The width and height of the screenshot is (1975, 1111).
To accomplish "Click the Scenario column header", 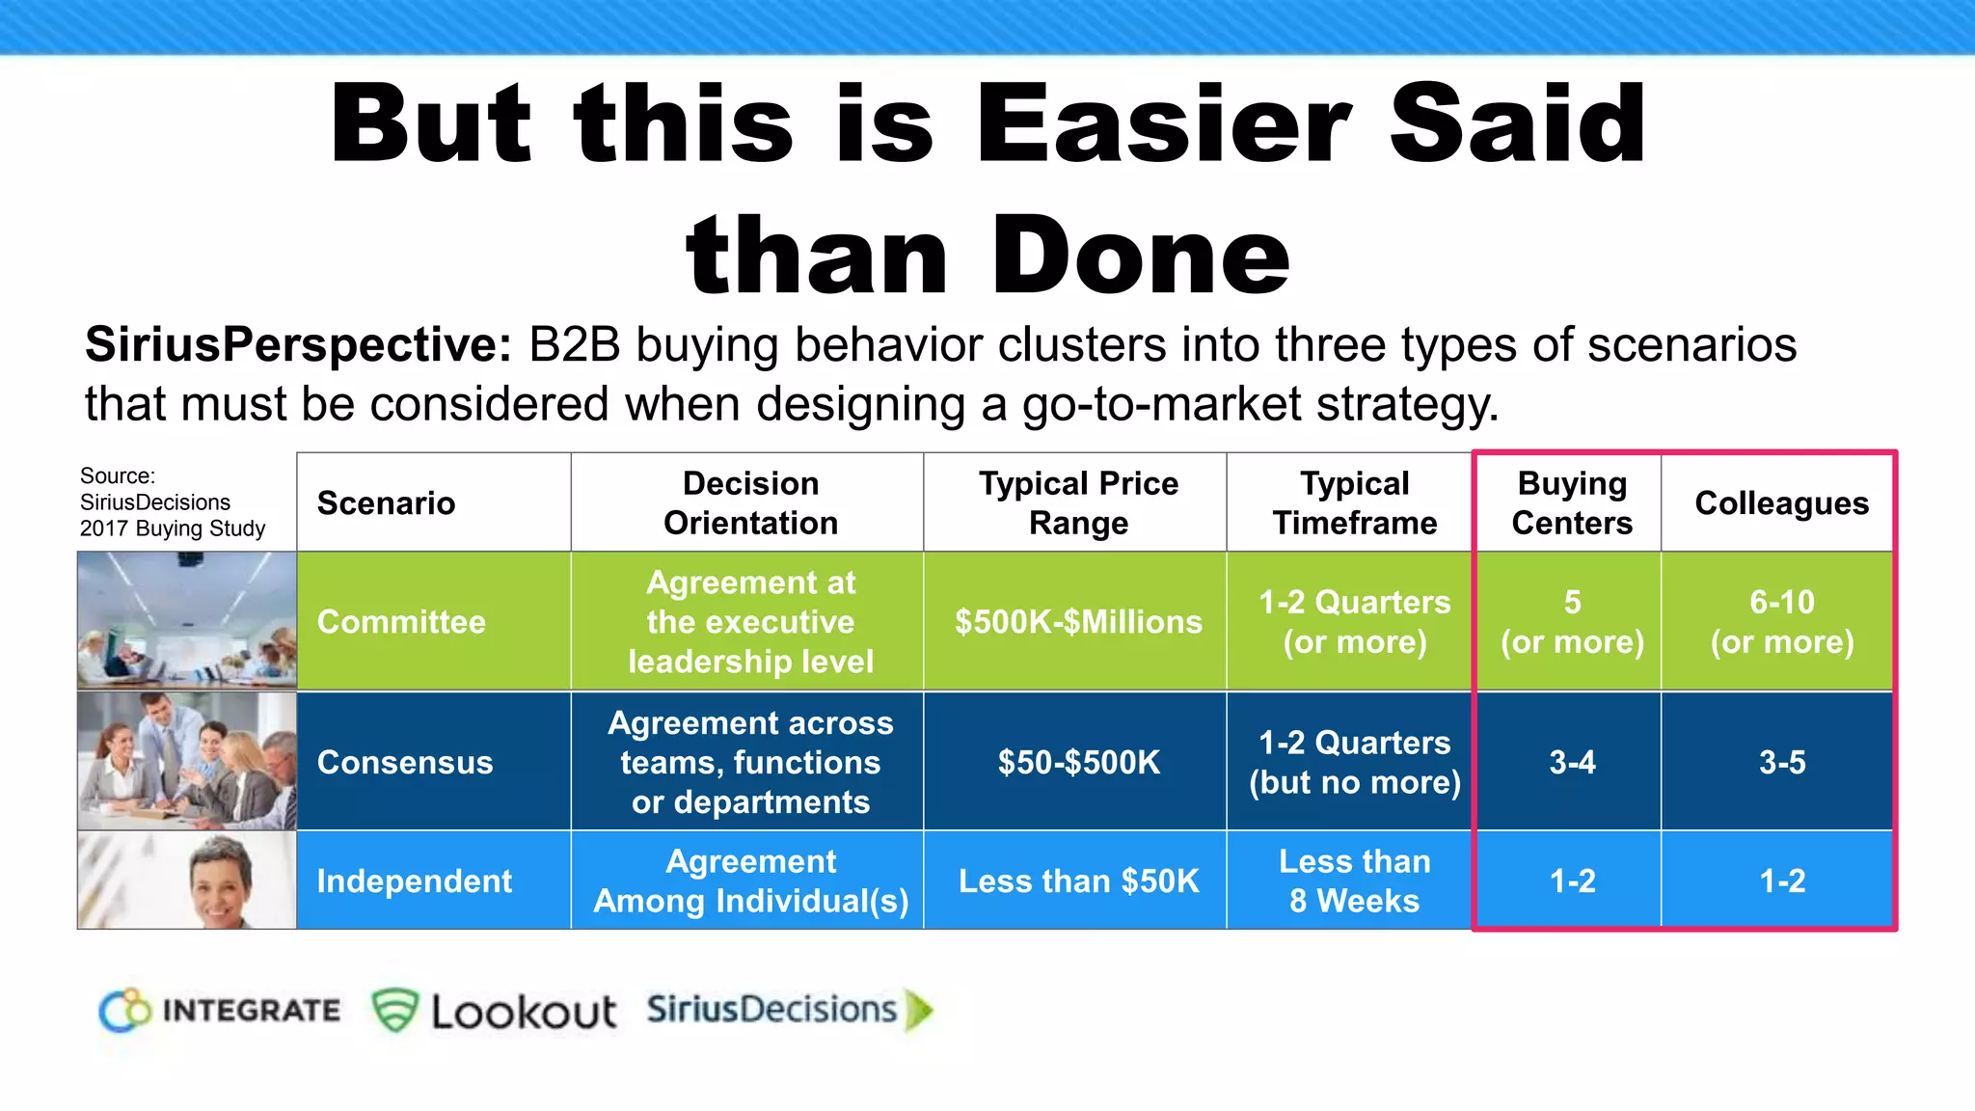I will (386, 503).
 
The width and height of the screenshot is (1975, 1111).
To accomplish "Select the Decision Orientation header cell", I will (750, 503).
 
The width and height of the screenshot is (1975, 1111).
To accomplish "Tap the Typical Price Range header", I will (1078, 503).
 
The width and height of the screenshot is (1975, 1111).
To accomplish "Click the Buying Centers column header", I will (1572, 503).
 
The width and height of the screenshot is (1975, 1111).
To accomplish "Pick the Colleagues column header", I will (1781, 503).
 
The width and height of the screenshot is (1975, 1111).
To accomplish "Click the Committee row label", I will (401, 622).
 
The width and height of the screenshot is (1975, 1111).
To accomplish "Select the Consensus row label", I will (405, 763).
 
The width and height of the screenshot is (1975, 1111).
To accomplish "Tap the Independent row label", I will (415, 881).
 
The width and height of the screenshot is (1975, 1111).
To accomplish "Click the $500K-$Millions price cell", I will (1078, 622).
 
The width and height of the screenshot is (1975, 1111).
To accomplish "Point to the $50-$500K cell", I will (1078, 763).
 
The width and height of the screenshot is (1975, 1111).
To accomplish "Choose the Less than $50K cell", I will (1078, 881).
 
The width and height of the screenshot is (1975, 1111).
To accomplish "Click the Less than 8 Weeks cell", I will (1354, 881).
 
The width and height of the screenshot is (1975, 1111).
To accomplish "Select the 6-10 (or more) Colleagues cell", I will (1781, 622).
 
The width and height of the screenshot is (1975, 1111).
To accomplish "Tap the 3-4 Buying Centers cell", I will (1572, 763).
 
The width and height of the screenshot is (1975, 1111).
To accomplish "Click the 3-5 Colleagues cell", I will (1781, 763).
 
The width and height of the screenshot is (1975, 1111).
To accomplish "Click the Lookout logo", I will (495, 1011).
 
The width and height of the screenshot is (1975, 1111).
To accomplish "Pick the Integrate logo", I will (220, 1011).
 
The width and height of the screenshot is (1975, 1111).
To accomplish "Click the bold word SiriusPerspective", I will (297, 345).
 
